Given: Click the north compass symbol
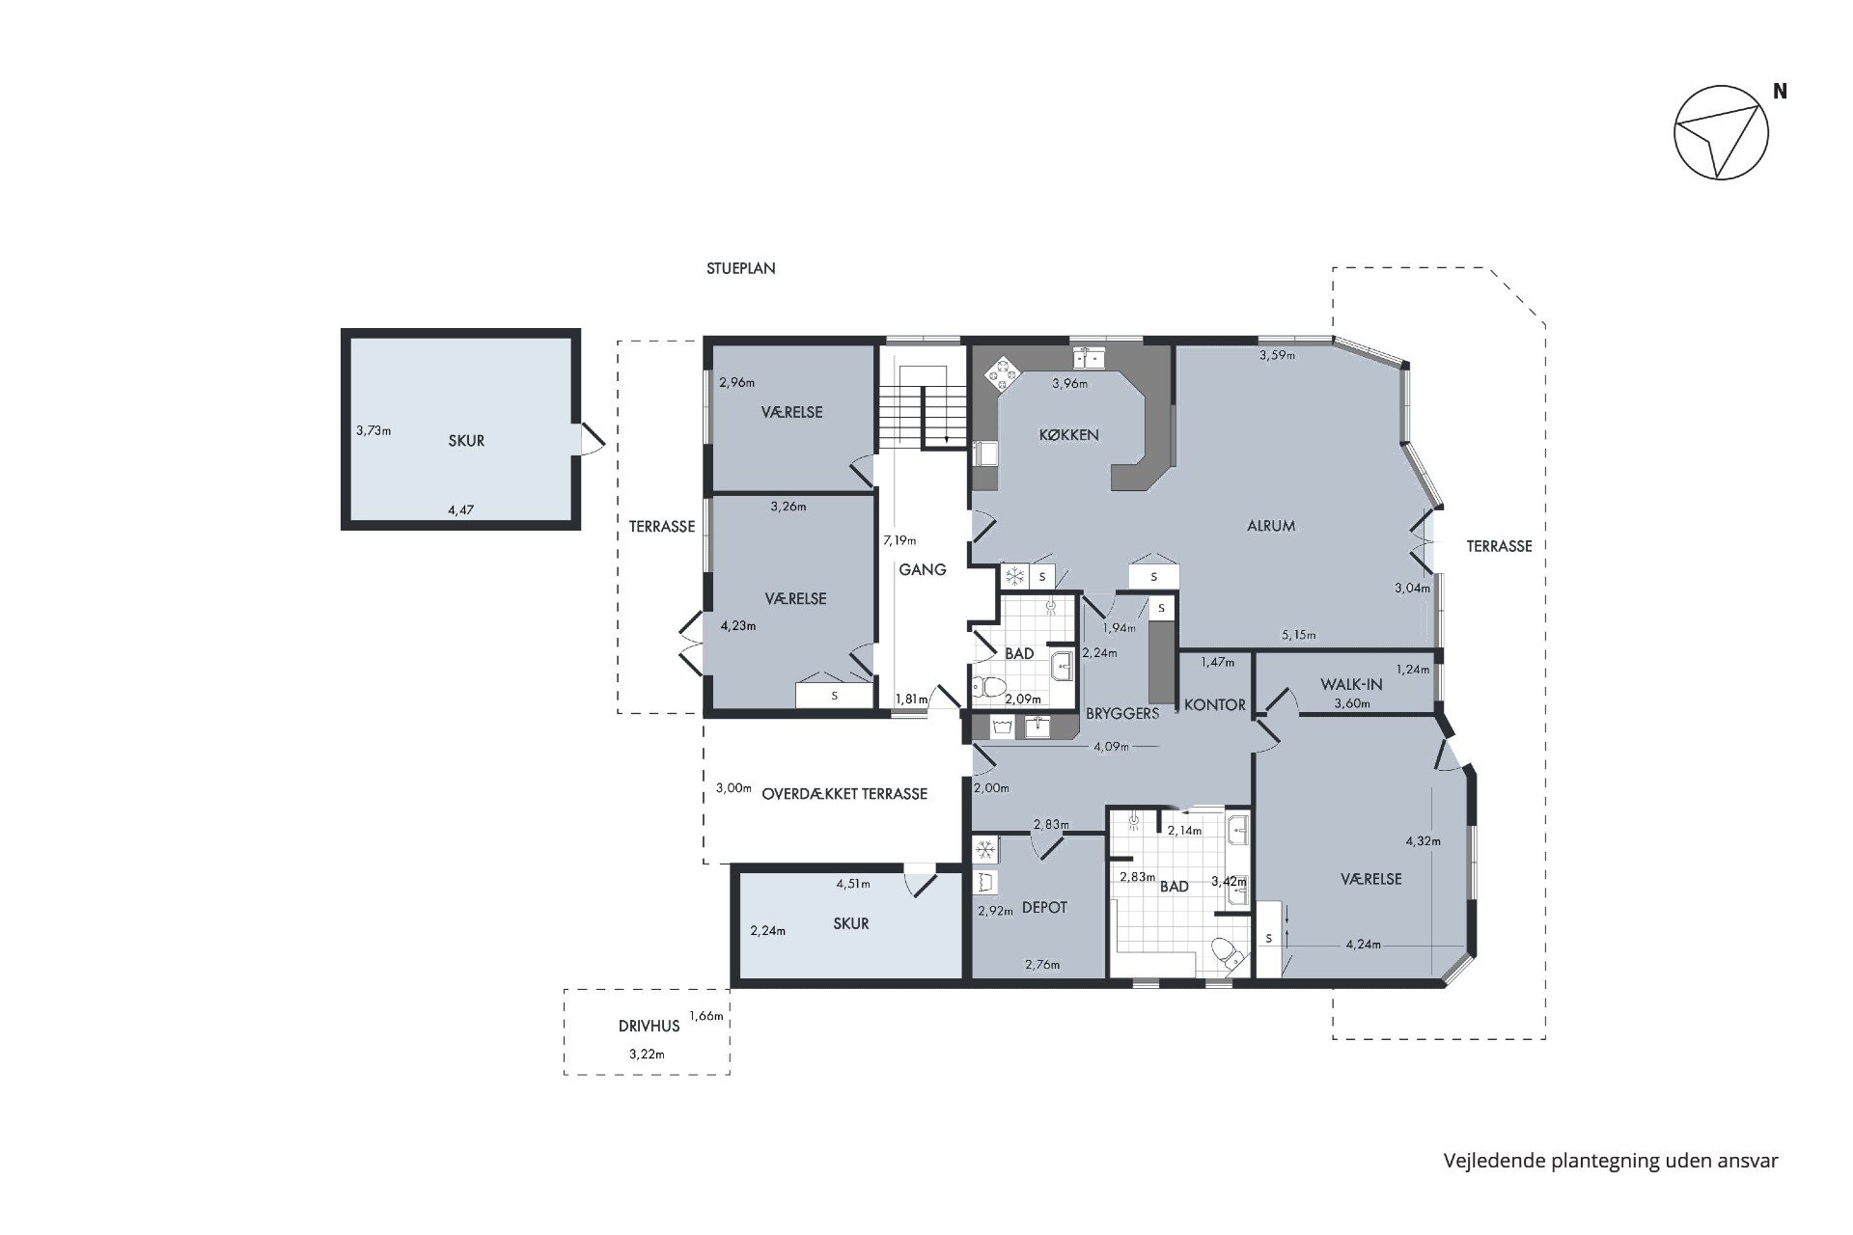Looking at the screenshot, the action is point(1721,133).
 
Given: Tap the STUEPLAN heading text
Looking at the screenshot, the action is point(740,268).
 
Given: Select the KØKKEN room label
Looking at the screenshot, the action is point(1068,434).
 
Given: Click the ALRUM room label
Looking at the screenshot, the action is point(1270,526).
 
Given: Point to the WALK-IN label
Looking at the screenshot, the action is point(1351,684).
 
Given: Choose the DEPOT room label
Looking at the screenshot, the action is point(1044,907).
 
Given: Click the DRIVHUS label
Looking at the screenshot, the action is point(649,1026).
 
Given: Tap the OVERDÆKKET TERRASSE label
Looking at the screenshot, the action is point(844,794).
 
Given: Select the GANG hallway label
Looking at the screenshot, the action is point(923,569).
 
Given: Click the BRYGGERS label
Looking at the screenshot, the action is point(1122,713).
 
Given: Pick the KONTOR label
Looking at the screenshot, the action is point(1215,704).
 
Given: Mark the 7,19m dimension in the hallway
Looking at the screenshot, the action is point(899,540).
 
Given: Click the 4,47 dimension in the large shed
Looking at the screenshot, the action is point(461,509).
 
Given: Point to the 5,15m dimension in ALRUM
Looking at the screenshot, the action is point(1299,635).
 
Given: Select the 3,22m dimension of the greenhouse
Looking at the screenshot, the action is point(647,1054).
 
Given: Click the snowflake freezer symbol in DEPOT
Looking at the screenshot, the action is point(984,850).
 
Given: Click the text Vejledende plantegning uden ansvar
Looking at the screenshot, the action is point(1611,1161).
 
